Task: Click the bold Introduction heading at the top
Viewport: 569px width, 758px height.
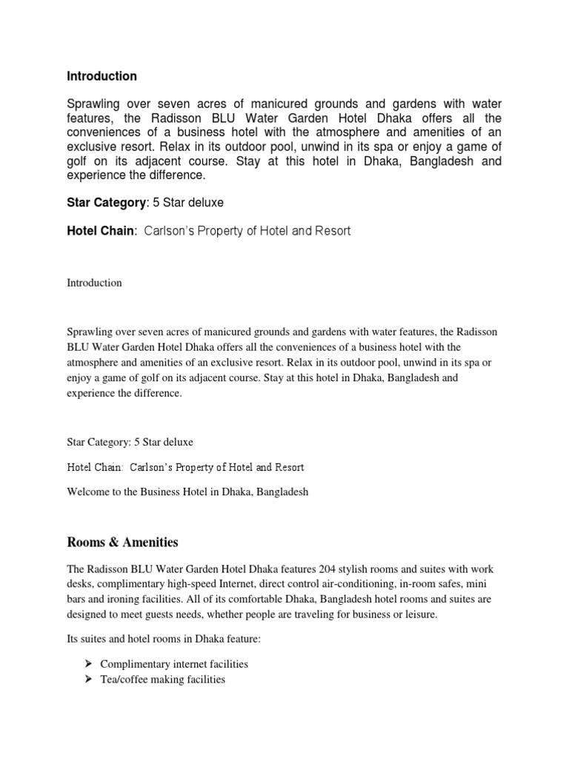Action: [x=102, y=76]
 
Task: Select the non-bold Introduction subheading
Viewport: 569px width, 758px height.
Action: [x=94, y=283]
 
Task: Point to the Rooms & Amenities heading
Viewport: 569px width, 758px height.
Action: [x=122, y=543]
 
